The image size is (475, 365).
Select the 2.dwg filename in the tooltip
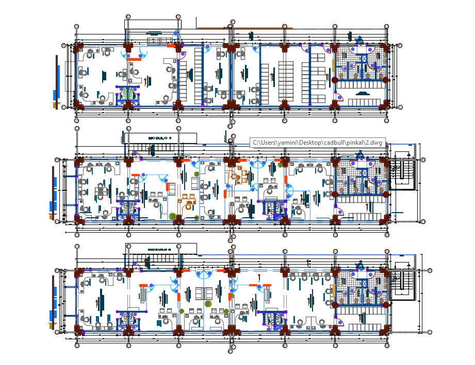click(375, 143)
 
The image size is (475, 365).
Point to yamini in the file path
click(284, 143)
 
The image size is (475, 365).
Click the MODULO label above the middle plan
click(159, 138)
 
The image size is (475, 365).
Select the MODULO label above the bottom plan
click(159, 249)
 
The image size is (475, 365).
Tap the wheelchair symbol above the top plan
click(359, 39)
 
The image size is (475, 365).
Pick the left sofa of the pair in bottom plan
click(199, 293)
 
